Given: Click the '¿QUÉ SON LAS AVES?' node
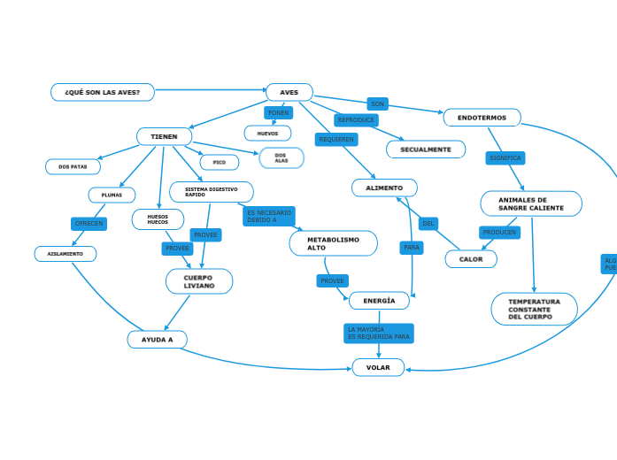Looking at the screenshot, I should (103, 92).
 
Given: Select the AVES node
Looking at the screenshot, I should (289, 92).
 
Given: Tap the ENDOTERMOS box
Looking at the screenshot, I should (482, 118).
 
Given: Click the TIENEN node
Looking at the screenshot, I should (165, 136).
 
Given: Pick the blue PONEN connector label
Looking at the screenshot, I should (278, 113).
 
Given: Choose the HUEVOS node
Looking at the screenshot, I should (267, 134).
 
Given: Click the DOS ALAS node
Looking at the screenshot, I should (282, 158).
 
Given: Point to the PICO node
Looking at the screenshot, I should (220, 163).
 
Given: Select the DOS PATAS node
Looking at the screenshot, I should (73, 166).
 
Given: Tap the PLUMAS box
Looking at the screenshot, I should (112, 195).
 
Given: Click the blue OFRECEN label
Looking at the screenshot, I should (89, 224).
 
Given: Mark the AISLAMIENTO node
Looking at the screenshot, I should (66, 254).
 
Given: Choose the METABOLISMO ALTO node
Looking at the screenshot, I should (333, 243).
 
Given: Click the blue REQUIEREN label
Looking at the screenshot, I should (336, 140).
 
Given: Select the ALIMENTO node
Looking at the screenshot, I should (384, 188).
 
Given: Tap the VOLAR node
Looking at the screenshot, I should (378, 367).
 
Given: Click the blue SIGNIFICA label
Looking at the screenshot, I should (505, 158).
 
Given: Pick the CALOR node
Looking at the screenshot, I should (471, 259).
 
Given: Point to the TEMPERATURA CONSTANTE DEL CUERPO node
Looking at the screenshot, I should (534, 309).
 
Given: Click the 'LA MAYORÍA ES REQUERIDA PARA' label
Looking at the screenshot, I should (378, 333).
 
